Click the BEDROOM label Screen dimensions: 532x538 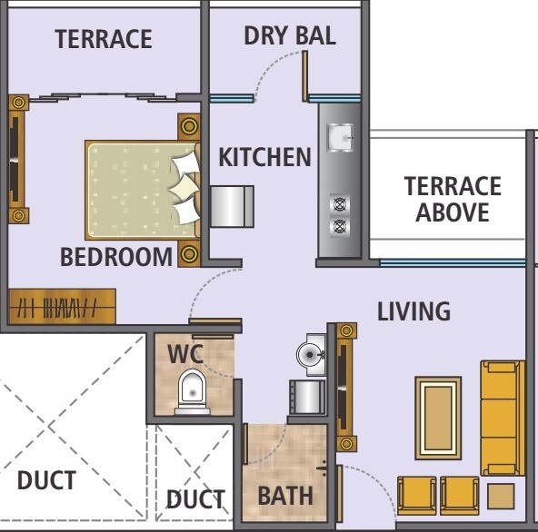point(115,257)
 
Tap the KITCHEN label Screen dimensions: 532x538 point(264,157)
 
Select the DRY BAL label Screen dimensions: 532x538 point(290,36)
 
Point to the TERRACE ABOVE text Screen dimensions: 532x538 point(453,200)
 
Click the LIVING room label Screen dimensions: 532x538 point(413,311)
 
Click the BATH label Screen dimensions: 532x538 point(284,496)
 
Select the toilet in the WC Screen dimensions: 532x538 point(192,393)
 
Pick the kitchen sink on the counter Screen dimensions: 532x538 point(341,136)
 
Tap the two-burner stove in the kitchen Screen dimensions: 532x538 point(340,215)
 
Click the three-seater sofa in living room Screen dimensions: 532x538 point(501,418)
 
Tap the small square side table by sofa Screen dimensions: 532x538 point(500,496)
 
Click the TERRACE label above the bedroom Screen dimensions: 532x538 point(103,40)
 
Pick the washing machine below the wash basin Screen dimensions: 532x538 point(307,397)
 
